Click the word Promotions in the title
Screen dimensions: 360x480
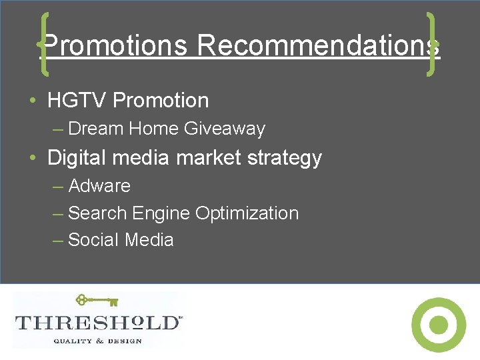click(x=115, y=46)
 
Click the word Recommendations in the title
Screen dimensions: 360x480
click(x=318, y=46)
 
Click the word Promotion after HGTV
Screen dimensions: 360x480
click(x=161, y=101)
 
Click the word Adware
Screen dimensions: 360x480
click(x=99, y=186)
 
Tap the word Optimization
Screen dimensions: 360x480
click(x=247, y=213)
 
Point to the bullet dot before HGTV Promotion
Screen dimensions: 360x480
click(x=33, y=101)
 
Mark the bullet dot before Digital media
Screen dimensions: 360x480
click(x=33, y=159)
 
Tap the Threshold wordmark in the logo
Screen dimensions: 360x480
click(x=97, y=323)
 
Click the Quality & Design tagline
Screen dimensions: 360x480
click(x=97, y=341)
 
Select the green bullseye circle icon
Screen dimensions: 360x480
click(x=438, y=325)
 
